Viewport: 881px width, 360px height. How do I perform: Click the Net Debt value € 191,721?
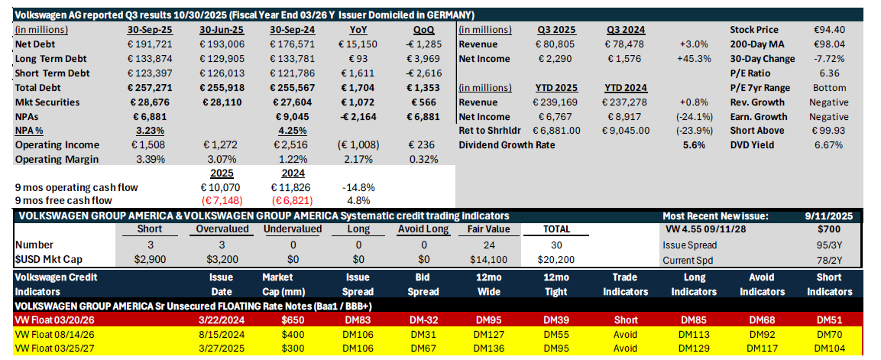coord(149,44)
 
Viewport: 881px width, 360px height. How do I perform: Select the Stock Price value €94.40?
coord(828,30)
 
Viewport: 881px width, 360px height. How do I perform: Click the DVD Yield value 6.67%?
coord(829,145)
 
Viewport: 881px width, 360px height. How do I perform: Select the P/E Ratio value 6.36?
coord(829,73)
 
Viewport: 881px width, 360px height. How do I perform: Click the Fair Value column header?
coord(488,229)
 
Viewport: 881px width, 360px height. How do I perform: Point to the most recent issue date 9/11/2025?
coord(829,216)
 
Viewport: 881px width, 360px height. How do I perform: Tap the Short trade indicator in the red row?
coord(626,319)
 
